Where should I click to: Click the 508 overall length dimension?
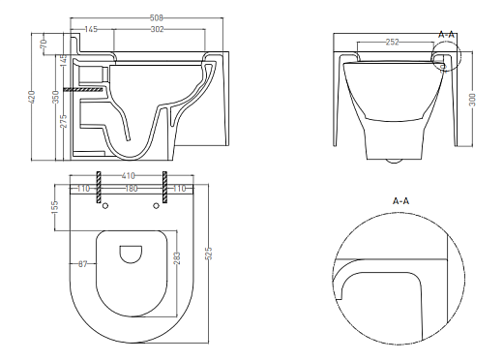157,17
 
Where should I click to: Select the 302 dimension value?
158,29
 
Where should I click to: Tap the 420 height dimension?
32,97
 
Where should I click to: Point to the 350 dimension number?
56,97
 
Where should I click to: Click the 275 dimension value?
64,121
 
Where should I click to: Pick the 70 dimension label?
44,44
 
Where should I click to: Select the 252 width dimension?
393,42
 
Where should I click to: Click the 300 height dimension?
472,100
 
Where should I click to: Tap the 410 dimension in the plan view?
128,176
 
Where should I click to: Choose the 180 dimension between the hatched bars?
132,188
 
